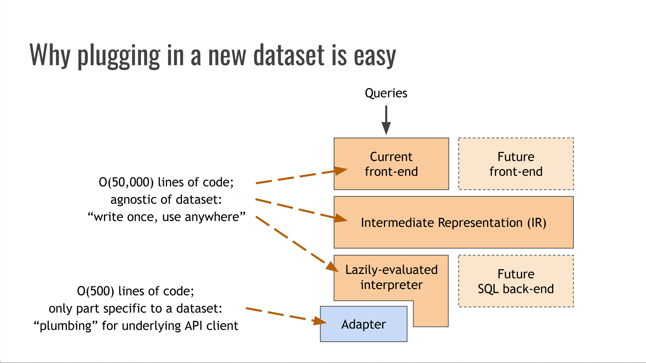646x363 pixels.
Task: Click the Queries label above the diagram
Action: click(x=386, y=93)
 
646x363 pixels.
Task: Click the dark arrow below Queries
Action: click(x=386, y=121)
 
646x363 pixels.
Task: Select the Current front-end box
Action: click(x=391, y=164)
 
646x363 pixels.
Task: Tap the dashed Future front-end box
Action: click(x=516, y=164)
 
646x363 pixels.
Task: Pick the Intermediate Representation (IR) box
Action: click(x=453, y=223)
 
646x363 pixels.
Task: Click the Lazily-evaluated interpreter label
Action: click(x=391, y=277)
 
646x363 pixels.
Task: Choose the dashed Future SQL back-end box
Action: click(x=516, y=281)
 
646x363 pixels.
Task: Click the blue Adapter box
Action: click(x=363, y=324)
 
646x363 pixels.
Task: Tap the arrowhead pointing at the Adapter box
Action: click(x=320, y=321)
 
